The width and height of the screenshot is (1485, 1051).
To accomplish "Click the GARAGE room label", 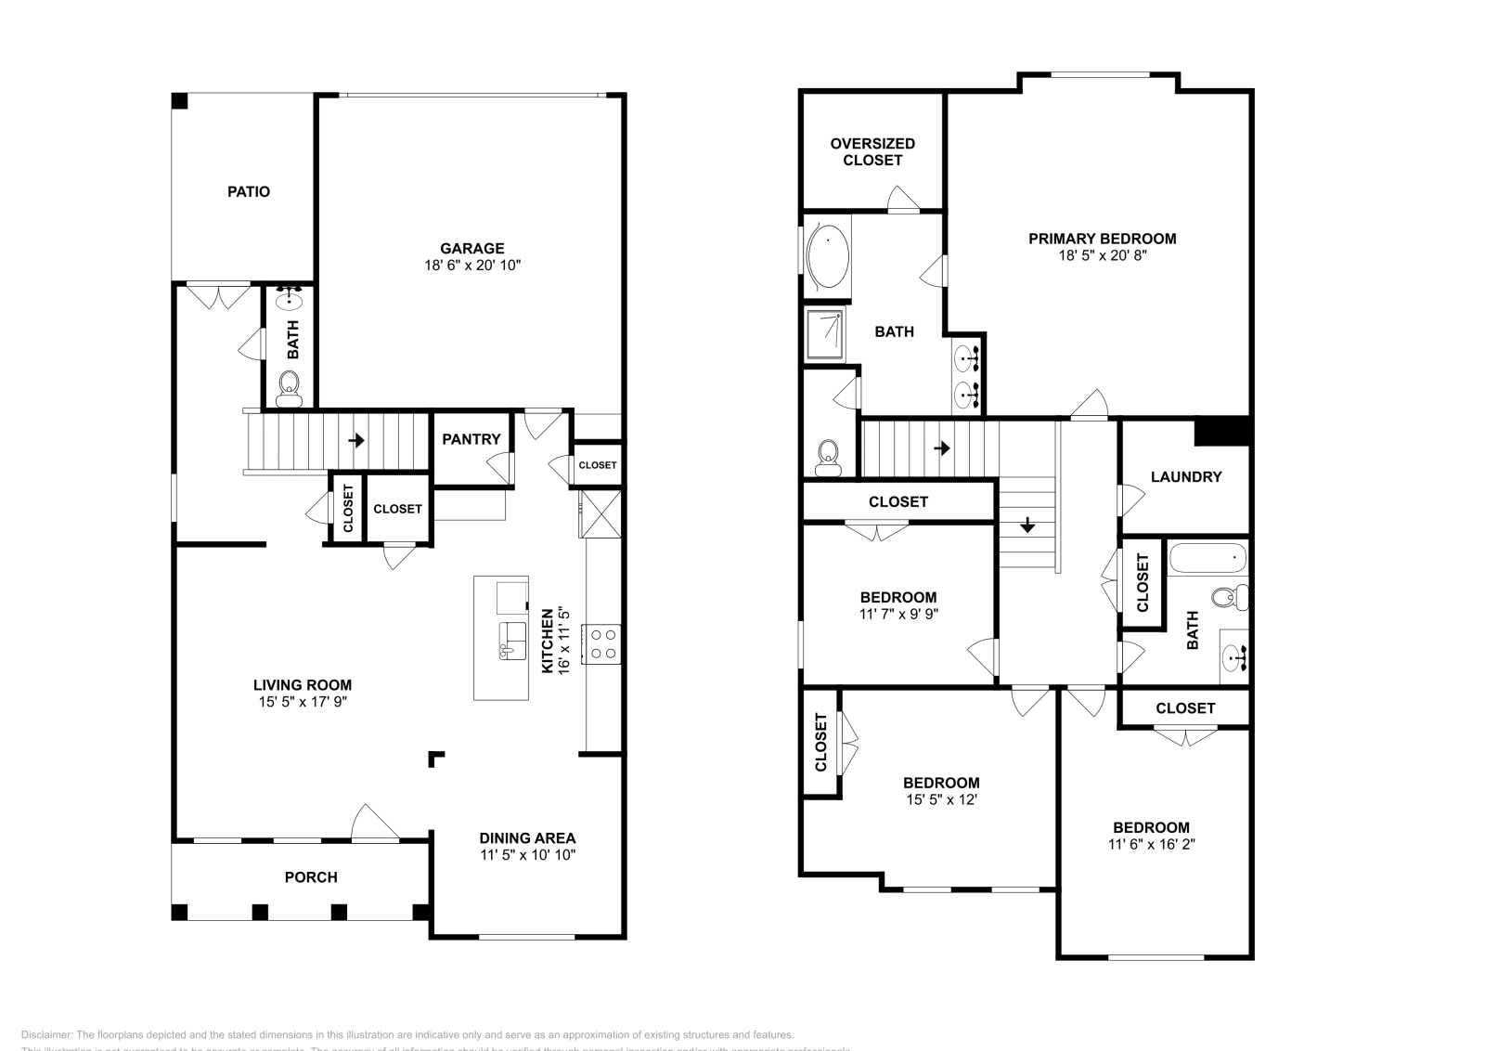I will (x=471, y=248).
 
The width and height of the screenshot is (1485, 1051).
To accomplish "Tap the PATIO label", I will (x=249, y=191).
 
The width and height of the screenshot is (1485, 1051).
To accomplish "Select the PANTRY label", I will (x=471, y=439).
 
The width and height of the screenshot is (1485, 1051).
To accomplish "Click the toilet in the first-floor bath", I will (x=290, y=385).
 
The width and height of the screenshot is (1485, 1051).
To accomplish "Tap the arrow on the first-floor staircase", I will (x=356, y=440).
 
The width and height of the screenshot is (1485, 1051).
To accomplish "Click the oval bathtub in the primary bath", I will (x=827, y=255).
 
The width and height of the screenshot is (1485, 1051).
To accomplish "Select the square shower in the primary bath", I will (x=824, y=334).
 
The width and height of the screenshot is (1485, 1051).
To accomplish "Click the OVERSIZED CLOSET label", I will (x=872, y=151).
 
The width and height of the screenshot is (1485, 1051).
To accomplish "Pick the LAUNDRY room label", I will (x=1185, y=476).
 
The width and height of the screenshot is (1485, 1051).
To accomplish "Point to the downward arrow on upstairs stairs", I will (x=1027, y=525).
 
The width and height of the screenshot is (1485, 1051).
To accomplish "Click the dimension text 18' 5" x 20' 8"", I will (x=1102, y=255).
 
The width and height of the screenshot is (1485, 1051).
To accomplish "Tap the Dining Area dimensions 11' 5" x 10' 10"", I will (x=527, y=854).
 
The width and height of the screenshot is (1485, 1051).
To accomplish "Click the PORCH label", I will (x=311, y=876).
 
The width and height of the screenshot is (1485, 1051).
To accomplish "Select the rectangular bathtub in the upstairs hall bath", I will (x=1207, y=559).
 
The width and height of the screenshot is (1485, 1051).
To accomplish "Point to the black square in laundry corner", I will (x=1222, y=432).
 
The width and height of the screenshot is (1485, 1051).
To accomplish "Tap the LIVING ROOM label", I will (x=303, y=685).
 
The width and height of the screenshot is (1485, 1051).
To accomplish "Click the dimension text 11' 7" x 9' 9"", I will (x=897, y=614).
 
